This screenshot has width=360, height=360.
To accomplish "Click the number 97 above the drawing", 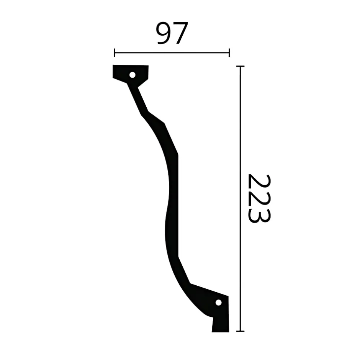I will tap(172, 33).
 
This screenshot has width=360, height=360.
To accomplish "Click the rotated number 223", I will tap(259, 198).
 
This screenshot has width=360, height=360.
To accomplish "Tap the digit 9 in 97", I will tap(164, 33).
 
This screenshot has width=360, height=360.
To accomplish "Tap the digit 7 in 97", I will tap(180, 33).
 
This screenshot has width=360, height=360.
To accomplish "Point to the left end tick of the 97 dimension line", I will tap(115, 52).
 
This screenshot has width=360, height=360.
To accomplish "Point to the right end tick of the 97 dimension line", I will tap(229, 52).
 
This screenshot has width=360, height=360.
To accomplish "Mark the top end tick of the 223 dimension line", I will tap(240, 66).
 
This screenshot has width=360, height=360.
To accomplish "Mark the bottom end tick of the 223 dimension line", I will tap(240, 331).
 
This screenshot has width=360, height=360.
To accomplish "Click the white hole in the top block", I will tap(133, 75).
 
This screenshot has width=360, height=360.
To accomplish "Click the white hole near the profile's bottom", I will tap(218, 303).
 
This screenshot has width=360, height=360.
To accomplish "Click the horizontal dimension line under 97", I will tap(172, 52).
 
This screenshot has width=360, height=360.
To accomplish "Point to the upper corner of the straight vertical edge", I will tap(178, 155).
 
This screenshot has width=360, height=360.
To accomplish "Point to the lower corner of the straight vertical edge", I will tap(178, 257).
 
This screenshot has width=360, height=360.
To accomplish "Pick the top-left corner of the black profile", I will tap(113, 65).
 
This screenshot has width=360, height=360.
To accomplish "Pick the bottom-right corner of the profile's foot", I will tap(229, 332).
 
